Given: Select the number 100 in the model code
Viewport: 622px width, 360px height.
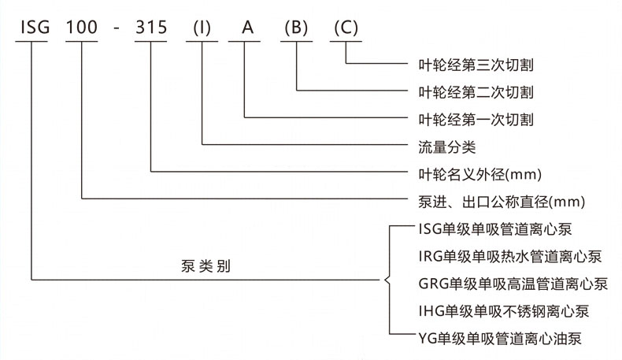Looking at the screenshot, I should [x=82, y=27].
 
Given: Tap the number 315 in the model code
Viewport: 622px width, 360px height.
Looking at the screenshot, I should [x=150, y=27].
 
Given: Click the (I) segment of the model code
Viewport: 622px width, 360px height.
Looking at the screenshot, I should [x=203, y=27].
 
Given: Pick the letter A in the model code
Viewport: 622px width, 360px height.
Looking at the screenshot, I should [x=246, y=27].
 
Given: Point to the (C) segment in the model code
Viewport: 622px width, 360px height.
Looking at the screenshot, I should [x=346, y=27].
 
